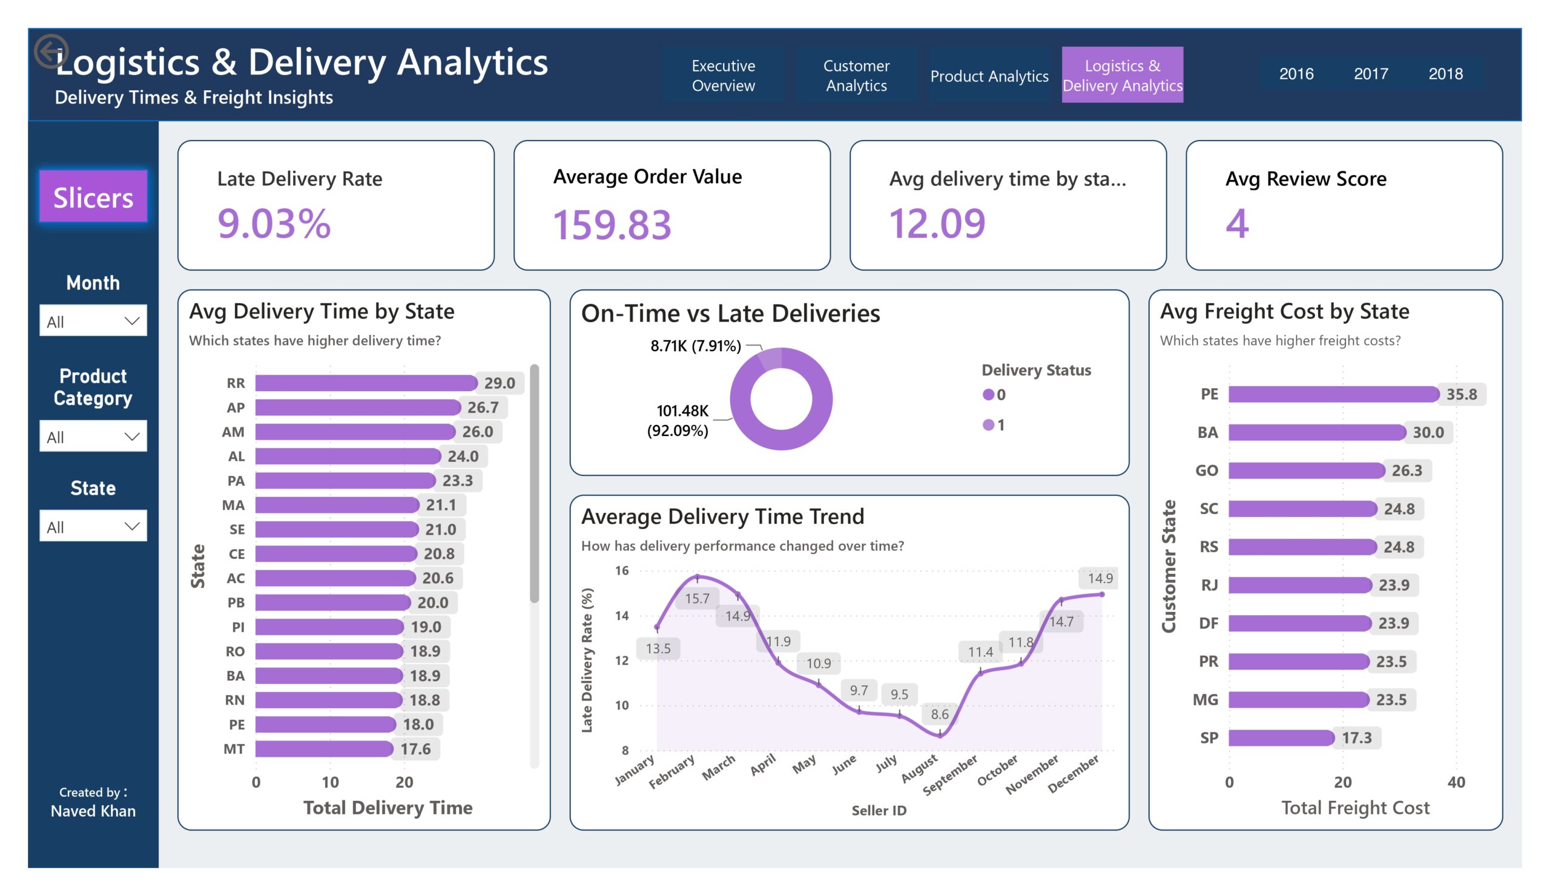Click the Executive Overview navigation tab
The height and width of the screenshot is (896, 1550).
(724, 75)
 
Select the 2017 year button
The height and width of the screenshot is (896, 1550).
(1371, 74)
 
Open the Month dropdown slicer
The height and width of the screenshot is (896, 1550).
(93, 320)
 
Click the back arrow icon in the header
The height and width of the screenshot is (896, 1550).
(51, 50)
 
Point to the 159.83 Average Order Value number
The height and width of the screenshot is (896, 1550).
(612, 225)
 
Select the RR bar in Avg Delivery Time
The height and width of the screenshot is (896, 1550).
(366, 383)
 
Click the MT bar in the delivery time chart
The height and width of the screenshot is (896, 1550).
(324, 749)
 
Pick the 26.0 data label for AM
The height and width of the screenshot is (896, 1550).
(478, 432)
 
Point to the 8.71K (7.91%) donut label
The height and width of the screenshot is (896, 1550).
(696, 346)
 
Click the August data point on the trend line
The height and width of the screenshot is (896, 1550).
(940, 734)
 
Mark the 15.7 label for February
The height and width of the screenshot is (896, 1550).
(697, 598)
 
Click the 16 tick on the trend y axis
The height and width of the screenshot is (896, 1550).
(622, 571)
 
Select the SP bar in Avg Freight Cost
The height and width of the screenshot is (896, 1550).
(1281, 738)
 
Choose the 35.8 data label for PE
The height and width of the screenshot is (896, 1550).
(1462, 394)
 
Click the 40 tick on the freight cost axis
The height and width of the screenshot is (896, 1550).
(1456, 782)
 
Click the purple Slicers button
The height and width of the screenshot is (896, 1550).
(93, 197)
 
